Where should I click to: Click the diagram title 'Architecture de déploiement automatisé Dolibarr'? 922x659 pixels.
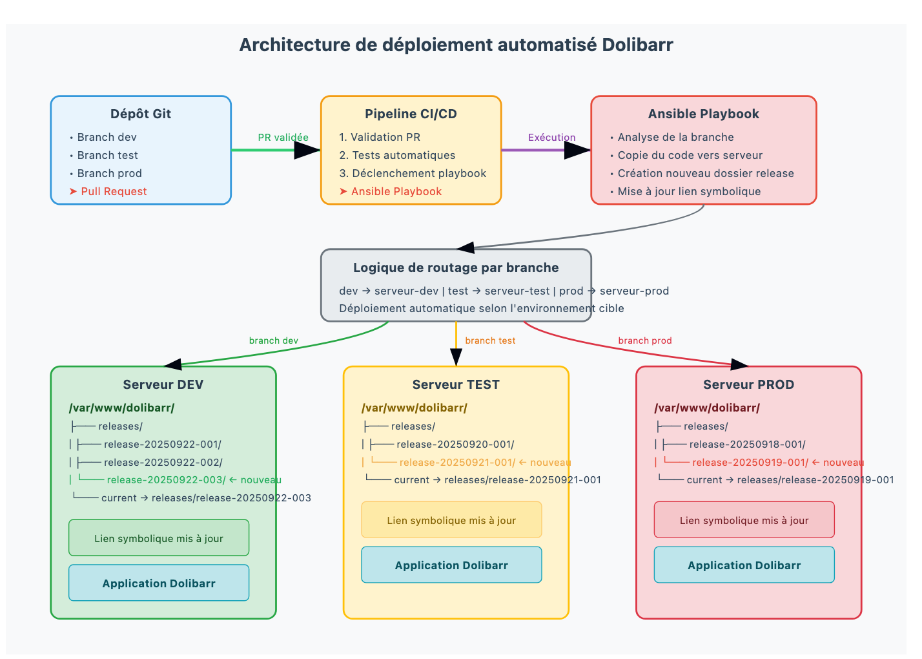click(456, 45)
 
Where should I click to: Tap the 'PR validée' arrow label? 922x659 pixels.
click(283, 137)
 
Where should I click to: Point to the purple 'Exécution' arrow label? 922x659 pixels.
click(551, 137)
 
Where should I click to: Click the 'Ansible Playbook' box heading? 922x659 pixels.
click(703, 114)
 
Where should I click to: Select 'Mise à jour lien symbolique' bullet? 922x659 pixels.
click(688, 191)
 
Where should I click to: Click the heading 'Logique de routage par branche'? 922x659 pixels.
click(456, 267)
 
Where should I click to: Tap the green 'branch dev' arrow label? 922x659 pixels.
click(274, 340)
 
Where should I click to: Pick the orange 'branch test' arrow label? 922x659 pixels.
click(490, 340)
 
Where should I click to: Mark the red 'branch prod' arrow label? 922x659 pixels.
click(644, 340)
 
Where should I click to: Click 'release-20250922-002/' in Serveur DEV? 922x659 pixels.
click(163, 463)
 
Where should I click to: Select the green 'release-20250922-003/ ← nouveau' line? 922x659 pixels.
click(194, 480)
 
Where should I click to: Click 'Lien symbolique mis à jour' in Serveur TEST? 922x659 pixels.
click(451, 520)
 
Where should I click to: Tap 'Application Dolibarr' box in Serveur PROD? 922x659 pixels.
click(744, 565)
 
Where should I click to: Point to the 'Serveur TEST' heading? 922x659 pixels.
click(456, 384)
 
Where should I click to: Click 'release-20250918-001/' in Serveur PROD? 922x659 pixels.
click(747, 445)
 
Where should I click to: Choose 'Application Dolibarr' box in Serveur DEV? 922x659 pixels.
click(159, 583)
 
